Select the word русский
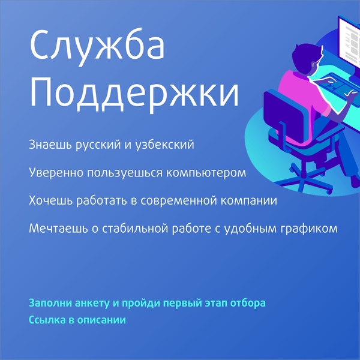94,146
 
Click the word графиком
313,229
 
